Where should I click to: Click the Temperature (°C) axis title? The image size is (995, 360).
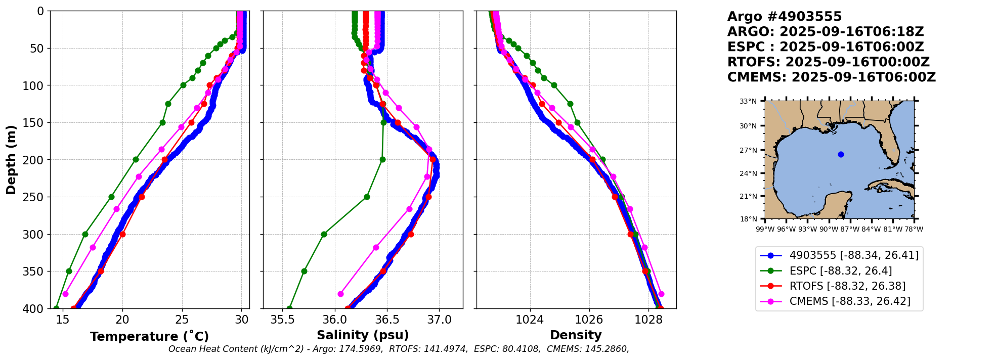pyautogui.click(x=149, y=337)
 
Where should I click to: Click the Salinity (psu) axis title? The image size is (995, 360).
pyautogui.click(x=363, y=335)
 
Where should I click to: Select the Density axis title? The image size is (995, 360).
pyautogui.click(x=576, y=335)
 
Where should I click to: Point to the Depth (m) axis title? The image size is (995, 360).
pyautogui.click(x=11, y=159)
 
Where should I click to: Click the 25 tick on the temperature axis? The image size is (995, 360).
pyautogui.click(x=182, y=320)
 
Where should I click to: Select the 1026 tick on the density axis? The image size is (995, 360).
pyautogui.click(x=589, y=320)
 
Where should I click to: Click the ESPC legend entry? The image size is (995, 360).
pyautogui.click(x=840, y=271)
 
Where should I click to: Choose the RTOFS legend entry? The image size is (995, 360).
pyautogui.click(x=847, y=286)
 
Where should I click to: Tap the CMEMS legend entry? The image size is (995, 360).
pyautogui.click(x=850, y=301)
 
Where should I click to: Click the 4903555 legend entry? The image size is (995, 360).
pyautogui.click(x=854, y=255)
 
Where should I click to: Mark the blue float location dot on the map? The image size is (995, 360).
pyautogui.click(x=841, y=154)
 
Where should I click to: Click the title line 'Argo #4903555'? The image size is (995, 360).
pyautogui.click(x=784, y=17)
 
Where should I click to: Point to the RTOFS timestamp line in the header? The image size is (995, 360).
pyautogui.click(x=828, y=62)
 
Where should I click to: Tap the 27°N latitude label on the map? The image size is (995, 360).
pyautogui.click(x=748, y=150)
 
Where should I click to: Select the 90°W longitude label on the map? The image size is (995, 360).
pyautogui.click(x=829, y=229)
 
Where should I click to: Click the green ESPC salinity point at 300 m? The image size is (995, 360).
pyautogui.click(x=324, y=234)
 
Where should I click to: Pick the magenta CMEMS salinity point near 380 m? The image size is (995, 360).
pyautogui.click(x=340, y=294)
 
